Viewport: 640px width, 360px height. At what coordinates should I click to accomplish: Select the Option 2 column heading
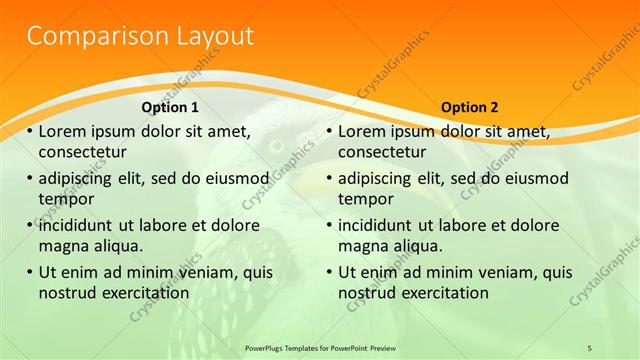[469, 107]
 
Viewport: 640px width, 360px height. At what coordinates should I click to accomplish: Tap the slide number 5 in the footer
[589, 347]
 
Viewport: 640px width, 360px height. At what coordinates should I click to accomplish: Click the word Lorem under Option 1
[63, 131]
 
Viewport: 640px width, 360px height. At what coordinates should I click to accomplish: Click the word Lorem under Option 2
[363, 131]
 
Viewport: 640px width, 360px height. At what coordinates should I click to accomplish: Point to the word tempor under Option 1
[65, 198]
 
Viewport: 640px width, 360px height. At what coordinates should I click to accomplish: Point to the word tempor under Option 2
[365, 198]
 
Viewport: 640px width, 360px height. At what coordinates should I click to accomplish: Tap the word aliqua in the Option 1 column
[115, 245]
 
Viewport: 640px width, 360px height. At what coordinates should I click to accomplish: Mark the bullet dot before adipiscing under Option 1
[30, 178]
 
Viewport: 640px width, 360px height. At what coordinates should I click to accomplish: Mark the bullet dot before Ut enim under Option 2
[330, 271]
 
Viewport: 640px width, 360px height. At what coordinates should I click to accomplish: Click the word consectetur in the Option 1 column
[82, 152]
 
